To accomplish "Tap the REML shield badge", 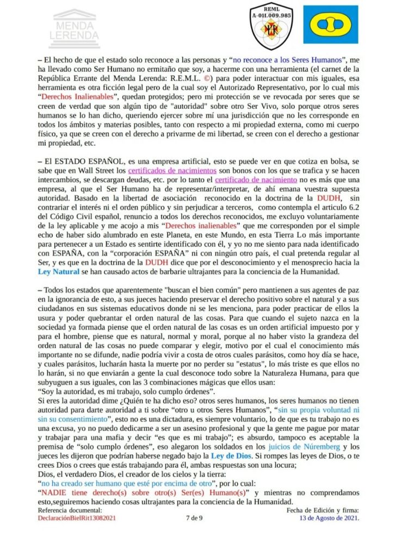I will tap(270, 26).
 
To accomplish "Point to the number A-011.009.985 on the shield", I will tap(270, 16).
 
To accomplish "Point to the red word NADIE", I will tap(55, 492).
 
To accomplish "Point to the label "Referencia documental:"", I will tap(70, 510).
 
